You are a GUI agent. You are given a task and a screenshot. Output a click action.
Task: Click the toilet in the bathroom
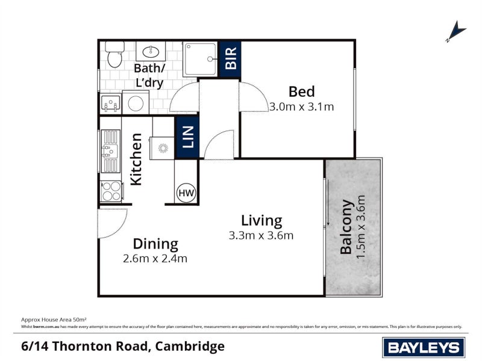[x=113, y=55]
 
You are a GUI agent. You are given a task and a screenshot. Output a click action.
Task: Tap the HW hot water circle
[x=186, y=193]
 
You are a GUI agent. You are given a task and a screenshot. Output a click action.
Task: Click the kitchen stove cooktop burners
[x=111, y=191]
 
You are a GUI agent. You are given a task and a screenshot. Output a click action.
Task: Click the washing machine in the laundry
[x=134, y=103]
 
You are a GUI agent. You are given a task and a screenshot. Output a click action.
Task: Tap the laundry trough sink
[x=111, y=105]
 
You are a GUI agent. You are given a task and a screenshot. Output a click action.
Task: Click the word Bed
[x=301, y=91]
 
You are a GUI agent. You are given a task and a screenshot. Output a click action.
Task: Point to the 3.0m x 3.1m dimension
[x=301, y=107]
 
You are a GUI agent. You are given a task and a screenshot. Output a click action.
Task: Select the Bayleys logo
[x=423, y=347]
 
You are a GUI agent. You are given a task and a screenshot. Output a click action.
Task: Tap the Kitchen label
[x=137, y=159]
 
